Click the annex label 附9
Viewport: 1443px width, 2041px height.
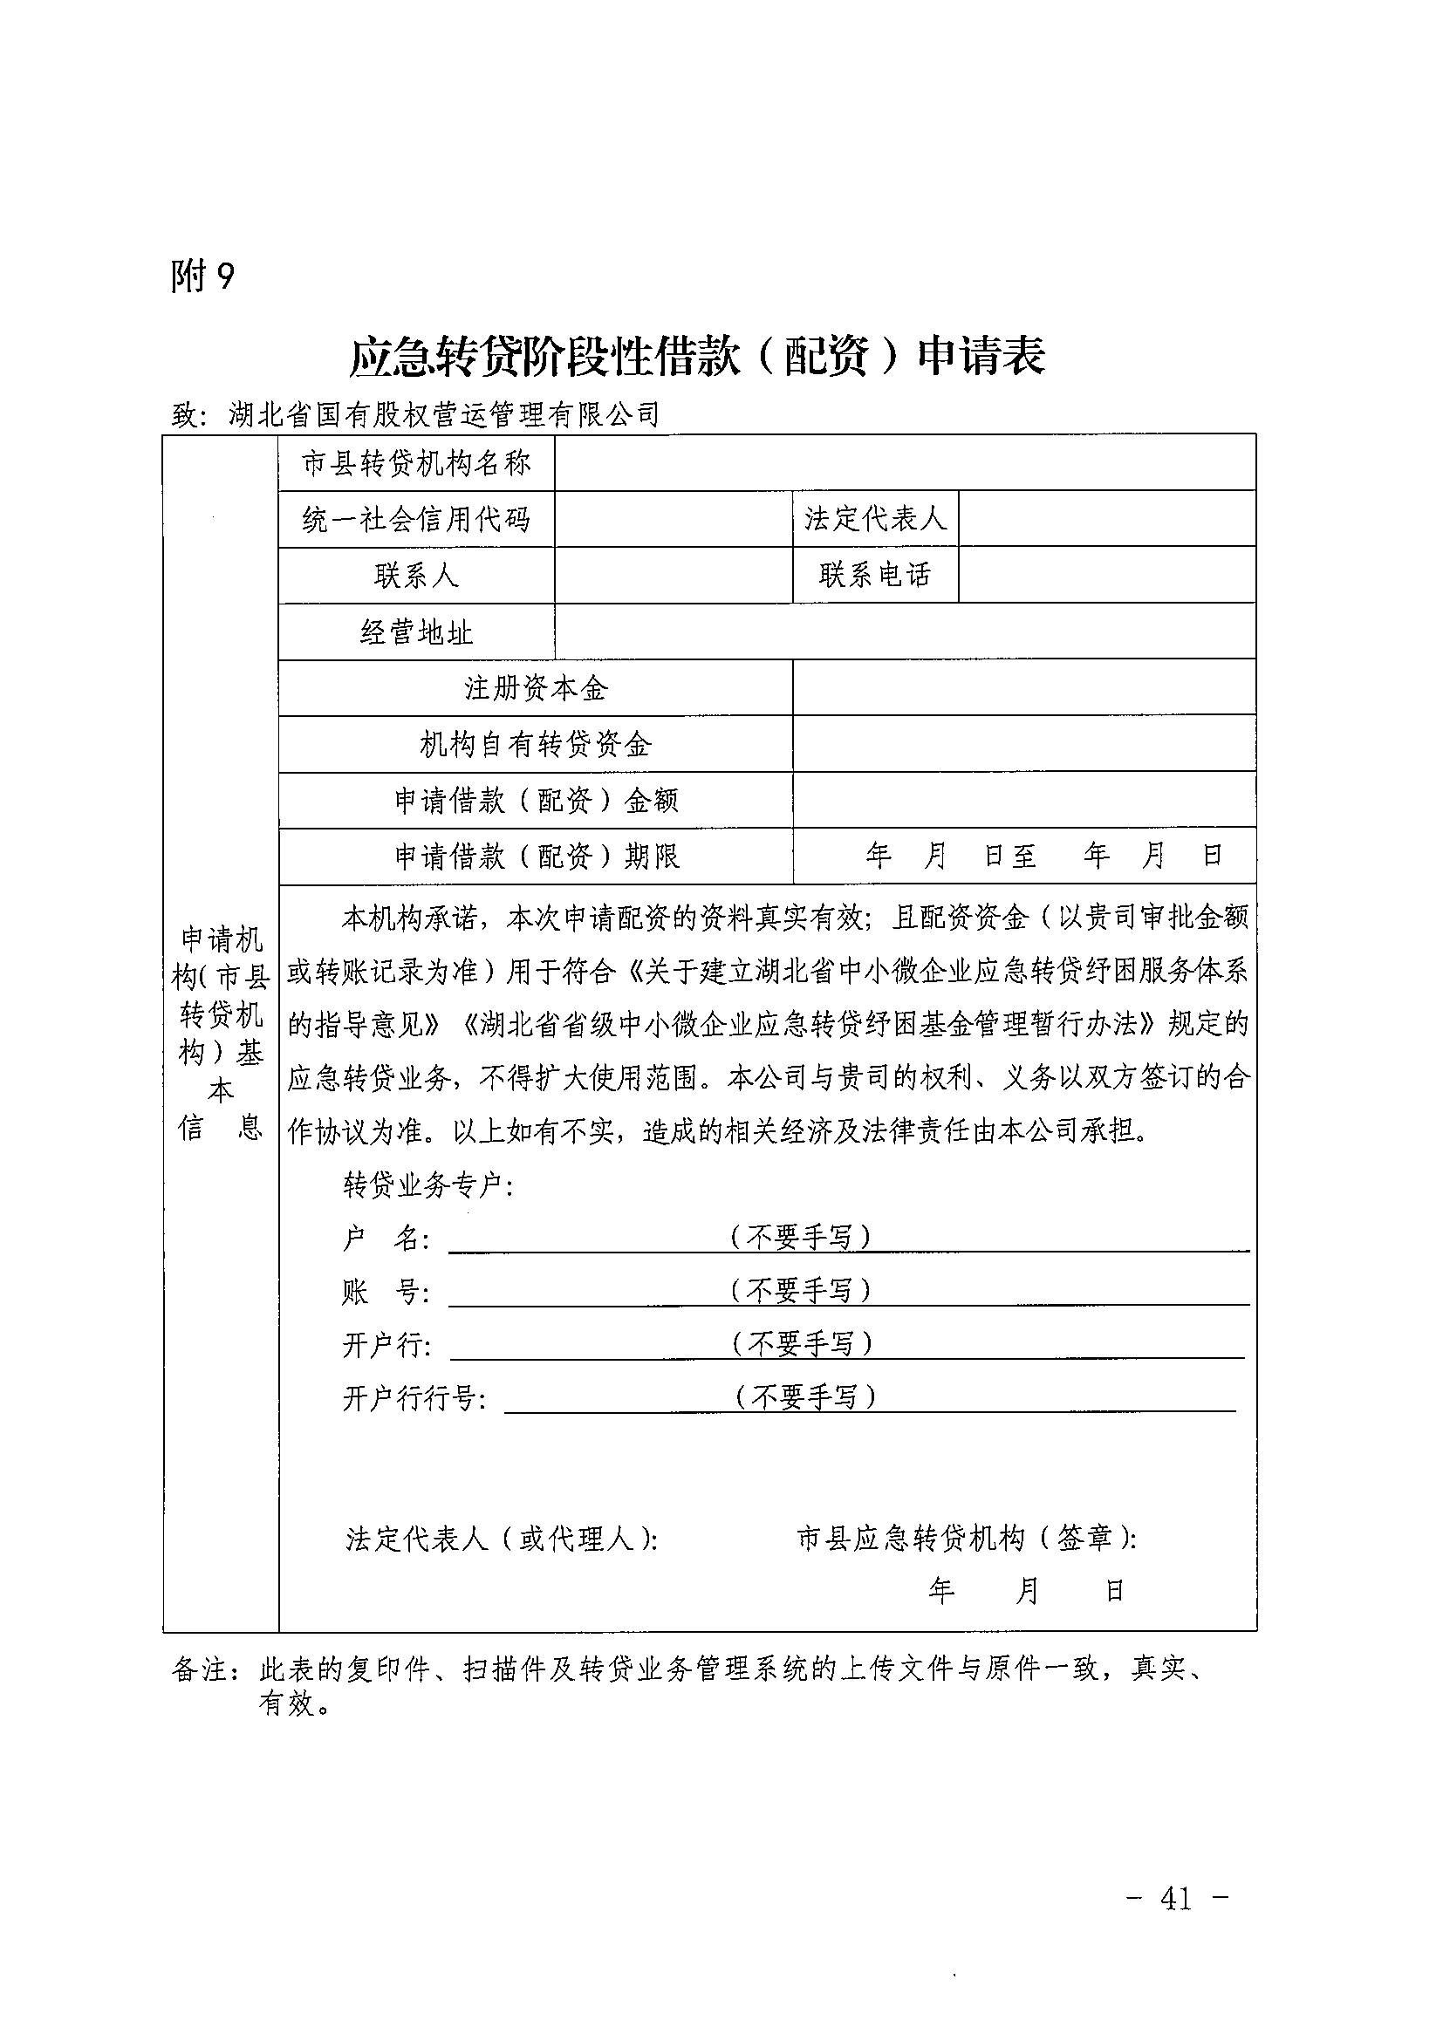[x=202, y=276]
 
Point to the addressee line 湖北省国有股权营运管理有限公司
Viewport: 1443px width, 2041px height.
[x=444, y=414]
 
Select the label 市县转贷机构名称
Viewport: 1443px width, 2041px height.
[x=416, y=463]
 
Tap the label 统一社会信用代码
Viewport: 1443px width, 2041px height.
[x=416, y=519]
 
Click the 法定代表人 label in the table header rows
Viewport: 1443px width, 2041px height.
[x=875, y=519]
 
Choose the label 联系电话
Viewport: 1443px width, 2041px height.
[x=875, y=575]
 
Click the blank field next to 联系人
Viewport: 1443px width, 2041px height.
[x=673, y=575]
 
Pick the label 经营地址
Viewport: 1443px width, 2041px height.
[x=416, y=632]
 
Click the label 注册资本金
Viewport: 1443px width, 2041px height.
[x=537, y=688]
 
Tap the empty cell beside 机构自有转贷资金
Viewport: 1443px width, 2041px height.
[x=1023, y=744]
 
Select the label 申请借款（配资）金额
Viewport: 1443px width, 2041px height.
[x=537, y=801]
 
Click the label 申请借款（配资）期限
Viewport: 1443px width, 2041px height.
[x=537, y=857]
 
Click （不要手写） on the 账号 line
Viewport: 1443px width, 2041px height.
[x=800, y=1290]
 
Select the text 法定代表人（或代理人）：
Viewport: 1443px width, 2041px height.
[x=503, y=1539]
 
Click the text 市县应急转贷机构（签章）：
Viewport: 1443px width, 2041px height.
[x=967, y=1539]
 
